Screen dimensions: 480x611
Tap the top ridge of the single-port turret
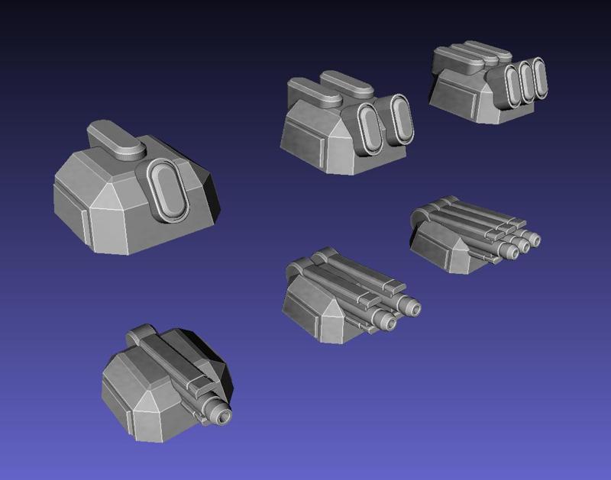115,140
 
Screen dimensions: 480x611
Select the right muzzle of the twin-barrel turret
412,307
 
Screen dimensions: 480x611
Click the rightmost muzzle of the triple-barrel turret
534,240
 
